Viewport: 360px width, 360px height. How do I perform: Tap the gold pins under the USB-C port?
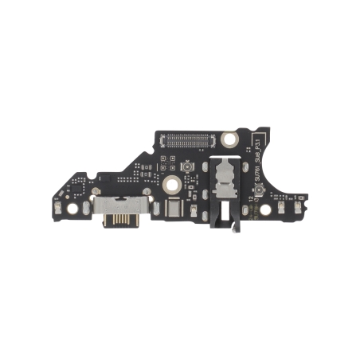(119, 217)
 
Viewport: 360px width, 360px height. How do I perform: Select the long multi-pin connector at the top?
(191, 139)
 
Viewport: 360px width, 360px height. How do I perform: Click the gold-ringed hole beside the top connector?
(229, 139)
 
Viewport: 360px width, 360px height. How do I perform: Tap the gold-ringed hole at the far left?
(72, 209)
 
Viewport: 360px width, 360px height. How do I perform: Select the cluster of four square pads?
(166, 162)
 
